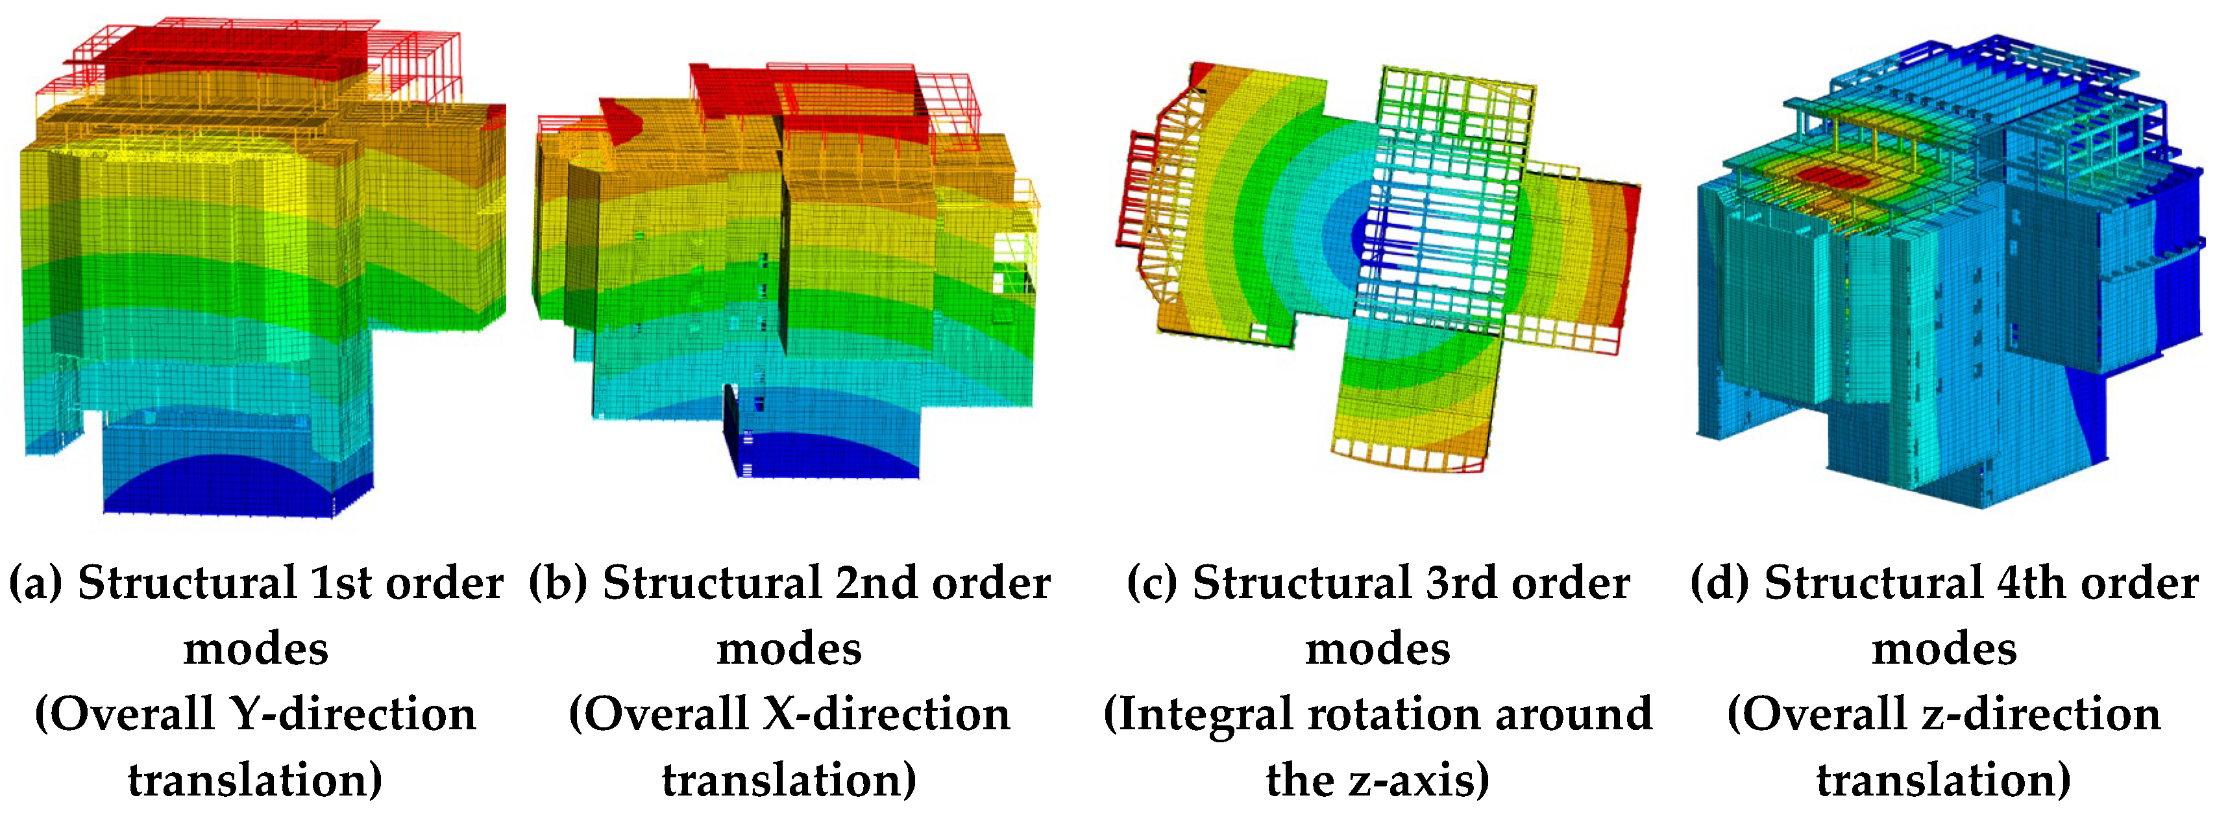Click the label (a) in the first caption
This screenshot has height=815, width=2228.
click(x=36, y=583)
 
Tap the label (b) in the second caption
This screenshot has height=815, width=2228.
click(x=559, y=583)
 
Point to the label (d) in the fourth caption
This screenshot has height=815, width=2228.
click(x=1719, y=583)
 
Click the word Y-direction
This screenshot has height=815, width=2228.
click(x=353, y=714)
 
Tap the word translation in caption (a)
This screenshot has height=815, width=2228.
click(x=251, y=781)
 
